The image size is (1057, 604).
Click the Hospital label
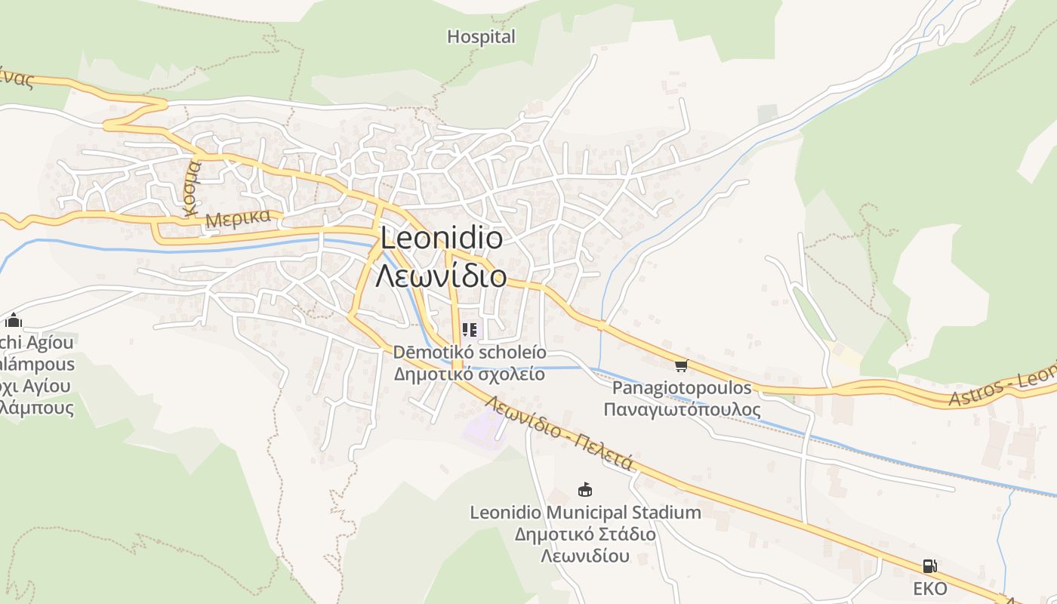(x=481, y=36)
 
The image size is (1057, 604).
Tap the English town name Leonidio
(x=441, y=239)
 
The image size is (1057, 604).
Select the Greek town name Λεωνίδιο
(x=441, y=276)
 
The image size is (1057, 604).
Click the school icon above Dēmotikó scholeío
(x=469, y=330)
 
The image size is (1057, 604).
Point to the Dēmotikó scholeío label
(x=469, y=353)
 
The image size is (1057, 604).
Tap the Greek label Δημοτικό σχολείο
(x=469, y=374)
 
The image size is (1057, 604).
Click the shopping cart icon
(x=681, y=366)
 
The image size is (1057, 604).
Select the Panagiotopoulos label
(x=682, y=388)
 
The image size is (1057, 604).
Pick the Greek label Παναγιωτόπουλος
(x=682, y=409)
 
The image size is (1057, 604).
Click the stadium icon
(x=584, y=490)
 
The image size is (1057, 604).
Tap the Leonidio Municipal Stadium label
(x=585, y=513)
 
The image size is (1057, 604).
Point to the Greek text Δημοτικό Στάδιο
(x=585, y=535)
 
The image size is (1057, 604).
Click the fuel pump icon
(x=929, y=566)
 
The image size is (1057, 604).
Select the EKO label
(x=929, y=588)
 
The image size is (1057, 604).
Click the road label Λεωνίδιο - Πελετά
(x=559, y=433)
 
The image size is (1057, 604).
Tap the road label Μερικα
(x=237, y=219)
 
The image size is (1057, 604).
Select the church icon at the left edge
(x=13, y=322)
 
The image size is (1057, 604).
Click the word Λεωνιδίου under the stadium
(x=585, y=556)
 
